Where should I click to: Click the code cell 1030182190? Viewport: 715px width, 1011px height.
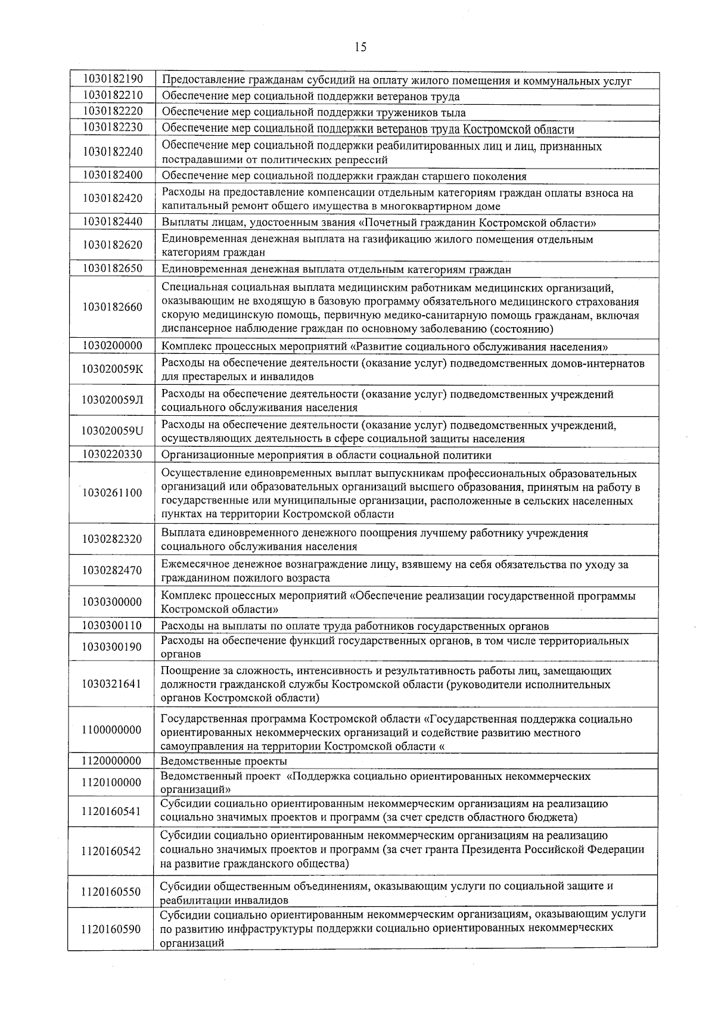point(113,79)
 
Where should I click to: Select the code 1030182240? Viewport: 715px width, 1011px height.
point(113,152)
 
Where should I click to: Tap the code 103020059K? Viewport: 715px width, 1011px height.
point(113,369)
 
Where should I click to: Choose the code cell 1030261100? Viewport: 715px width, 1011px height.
point(113,493)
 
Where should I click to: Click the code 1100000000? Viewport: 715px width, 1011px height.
point(113,730)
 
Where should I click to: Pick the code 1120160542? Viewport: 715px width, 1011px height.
point(113,851)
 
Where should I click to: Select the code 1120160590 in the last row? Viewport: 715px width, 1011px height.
point(113,929)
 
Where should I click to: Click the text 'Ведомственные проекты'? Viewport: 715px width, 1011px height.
point(224,761)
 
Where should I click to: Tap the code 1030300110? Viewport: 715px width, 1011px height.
point(113,625)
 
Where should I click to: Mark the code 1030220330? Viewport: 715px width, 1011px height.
point(113,455)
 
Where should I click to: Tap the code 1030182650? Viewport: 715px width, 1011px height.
point(113,268)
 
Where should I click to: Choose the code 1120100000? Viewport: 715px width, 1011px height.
point(113,782)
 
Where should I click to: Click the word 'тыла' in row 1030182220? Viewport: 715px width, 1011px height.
point(454,113)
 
